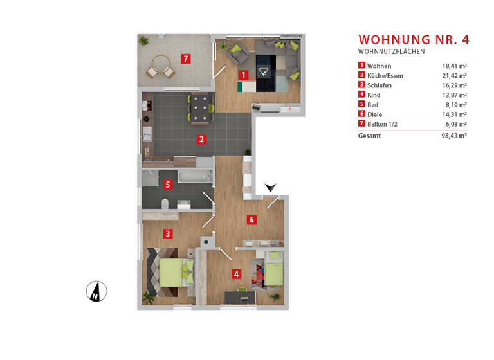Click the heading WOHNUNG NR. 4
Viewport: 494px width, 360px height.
[414, 40]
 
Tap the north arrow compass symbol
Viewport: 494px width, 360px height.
[96, 292]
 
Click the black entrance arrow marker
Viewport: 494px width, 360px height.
[271, 187]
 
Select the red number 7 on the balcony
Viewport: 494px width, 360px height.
[185, 60]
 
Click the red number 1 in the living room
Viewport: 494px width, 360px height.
[243, 75]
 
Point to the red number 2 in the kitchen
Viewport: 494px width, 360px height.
[201, 138]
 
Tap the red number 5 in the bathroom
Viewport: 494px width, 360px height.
[168, 185]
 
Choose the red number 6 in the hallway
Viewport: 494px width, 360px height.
[252, 220]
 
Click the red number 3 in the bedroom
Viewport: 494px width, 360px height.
[167, 233]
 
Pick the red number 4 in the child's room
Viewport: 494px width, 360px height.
[237, 274]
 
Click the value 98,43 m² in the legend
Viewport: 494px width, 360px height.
[453, 136]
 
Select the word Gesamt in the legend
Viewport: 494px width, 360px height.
[369, 136]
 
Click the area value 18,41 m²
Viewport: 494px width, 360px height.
[454, 66]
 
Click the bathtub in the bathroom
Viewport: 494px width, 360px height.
[194, 175]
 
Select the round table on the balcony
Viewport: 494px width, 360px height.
[158, 65]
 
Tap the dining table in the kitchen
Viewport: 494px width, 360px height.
[201, 108]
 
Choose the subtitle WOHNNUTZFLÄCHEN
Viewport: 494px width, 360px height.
[391, 51]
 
